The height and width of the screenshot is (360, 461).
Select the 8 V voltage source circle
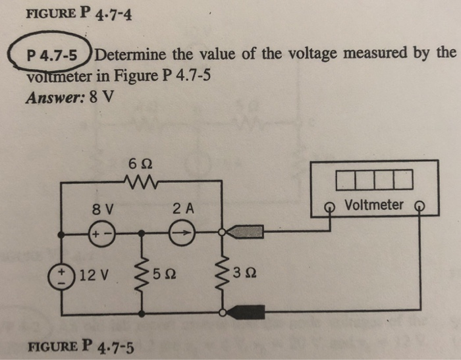pos(101,232)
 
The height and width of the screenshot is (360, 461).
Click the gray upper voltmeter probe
pos(249,231)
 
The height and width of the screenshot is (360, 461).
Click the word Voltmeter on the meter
pos(373,205)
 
